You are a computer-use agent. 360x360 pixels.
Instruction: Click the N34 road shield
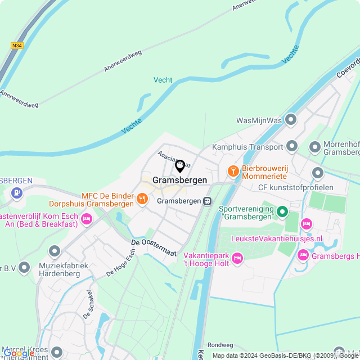click(16, 46)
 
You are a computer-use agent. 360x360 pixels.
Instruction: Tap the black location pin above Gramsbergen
click(180, 166)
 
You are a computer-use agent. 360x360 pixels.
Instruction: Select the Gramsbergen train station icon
click(208, 201)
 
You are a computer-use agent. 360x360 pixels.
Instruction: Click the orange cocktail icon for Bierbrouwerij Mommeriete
click(232, 170)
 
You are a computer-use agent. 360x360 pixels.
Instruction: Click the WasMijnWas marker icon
click(291, 119)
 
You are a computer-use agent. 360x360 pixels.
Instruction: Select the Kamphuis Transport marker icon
click(292, 146)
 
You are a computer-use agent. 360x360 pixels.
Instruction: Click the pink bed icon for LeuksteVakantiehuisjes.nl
click(306, 224)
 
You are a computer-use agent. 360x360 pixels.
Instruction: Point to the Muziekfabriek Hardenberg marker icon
click(55, 250)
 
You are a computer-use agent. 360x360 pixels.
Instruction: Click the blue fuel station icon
click(16, 193)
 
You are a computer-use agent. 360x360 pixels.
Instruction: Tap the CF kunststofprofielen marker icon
click(318, 173)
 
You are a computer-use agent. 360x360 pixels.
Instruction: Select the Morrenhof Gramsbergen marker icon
click(315, 147)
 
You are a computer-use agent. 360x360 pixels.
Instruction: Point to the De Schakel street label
click(88, 303)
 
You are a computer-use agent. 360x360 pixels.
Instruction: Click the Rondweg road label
click(219, 345)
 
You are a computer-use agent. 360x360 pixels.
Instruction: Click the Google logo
click(18, 353)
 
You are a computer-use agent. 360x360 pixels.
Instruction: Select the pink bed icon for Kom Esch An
click(87, 218)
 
